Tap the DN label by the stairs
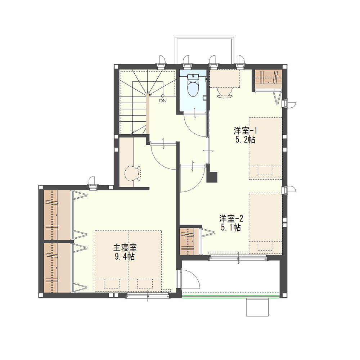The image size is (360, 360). pos(163,100)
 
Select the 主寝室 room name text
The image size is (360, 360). pos(125,248)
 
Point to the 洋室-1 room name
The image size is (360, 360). pos(245,131)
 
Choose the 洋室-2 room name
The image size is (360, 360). pos(231,219)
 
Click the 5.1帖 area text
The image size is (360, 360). pos(231,228)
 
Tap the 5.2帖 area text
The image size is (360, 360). pos(245,140)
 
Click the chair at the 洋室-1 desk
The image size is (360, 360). pos(225,93)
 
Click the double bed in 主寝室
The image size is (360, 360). pos(128,261)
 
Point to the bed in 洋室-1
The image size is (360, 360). pos(266,149)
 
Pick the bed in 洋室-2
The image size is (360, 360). pos(266,224)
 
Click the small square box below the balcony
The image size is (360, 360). pos(257,307)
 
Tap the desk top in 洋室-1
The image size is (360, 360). pos(225,78)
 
